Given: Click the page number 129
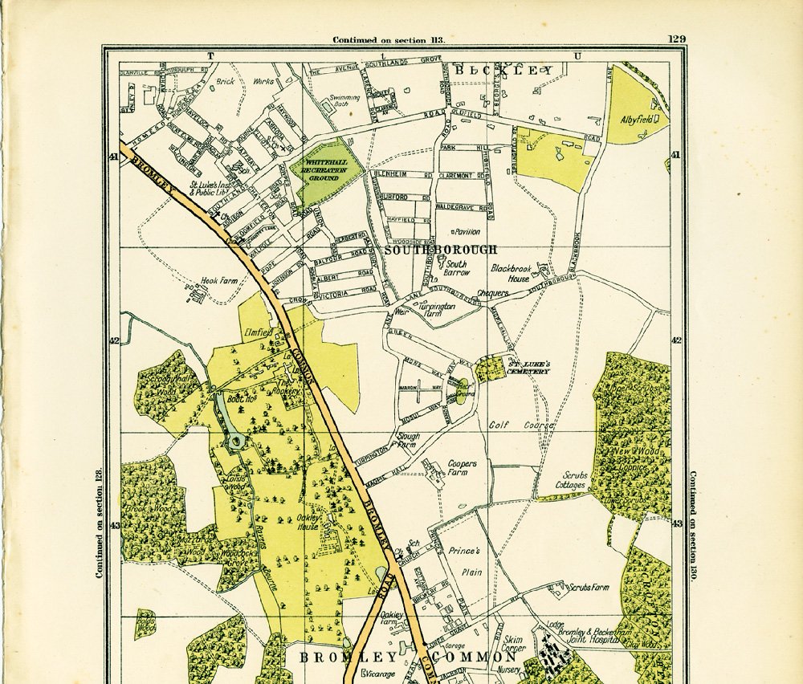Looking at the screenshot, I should [675, 39].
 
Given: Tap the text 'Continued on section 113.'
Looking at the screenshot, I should [389, 39].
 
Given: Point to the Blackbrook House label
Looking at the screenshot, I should [511, 273].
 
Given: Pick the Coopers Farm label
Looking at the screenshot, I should [462, 468].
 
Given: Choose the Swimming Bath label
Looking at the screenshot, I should [344, 101].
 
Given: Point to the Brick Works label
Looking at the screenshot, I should [244, 81].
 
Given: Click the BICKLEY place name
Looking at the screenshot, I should [503, 71].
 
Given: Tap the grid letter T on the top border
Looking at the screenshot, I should [211, 55].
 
